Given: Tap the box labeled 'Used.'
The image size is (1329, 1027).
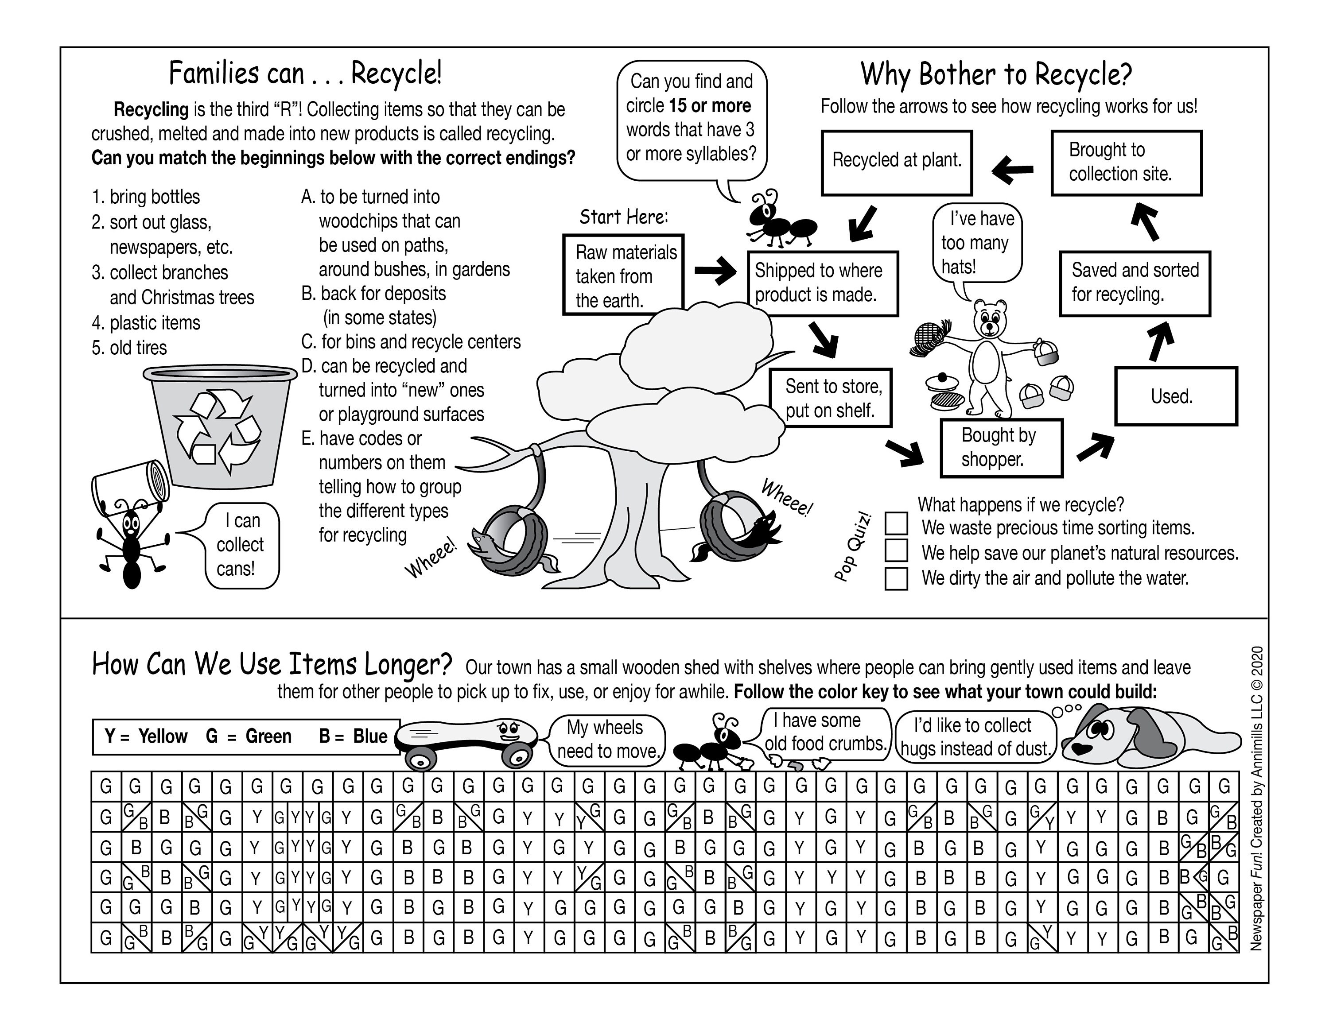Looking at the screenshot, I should pyautogui.click(x=1176, y=396).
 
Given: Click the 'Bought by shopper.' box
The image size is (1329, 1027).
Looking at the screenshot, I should pyautogui.click(x=1001, y=448).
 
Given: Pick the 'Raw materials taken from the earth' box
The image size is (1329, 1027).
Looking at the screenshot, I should pyautogui.click(x=623, y=275).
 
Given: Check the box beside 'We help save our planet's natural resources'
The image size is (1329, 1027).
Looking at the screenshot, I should pyautogui.click(x=896, y=550).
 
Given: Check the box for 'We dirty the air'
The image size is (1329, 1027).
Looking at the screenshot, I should pyautogui.click(x=896, y=578).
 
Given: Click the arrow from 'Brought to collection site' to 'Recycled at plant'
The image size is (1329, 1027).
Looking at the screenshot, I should pyautogui.click(x=1013, y=170).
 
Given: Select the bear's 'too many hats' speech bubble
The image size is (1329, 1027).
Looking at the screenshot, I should pyautogui.click(x=977, y=243).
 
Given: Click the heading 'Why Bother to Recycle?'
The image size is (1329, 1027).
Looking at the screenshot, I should pyautogui.click(x=995, y=74).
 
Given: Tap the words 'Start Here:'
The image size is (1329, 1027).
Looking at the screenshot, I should pyautogui.click(x=623, y=217).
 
